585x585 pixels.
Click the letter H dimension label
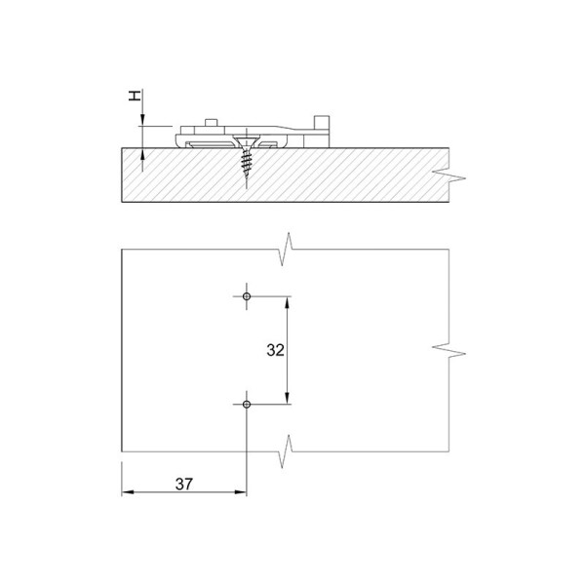click(135, 96)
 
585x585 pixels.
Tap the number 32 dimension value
click(275, 350)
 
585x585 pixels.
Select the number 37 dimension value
click(184, 484)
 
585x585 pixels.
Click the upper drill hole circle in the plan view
click(247, 296)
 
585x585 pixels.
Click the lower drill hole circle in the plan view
click(247, 404)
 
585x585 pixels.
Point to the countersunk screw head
click(247, 141)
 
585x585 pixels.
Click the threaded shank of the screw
click(247, 164)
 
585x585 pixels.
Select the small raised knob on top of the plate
click(212, 123)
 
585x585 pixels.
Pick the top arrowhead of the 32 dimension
click(287, 303)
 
